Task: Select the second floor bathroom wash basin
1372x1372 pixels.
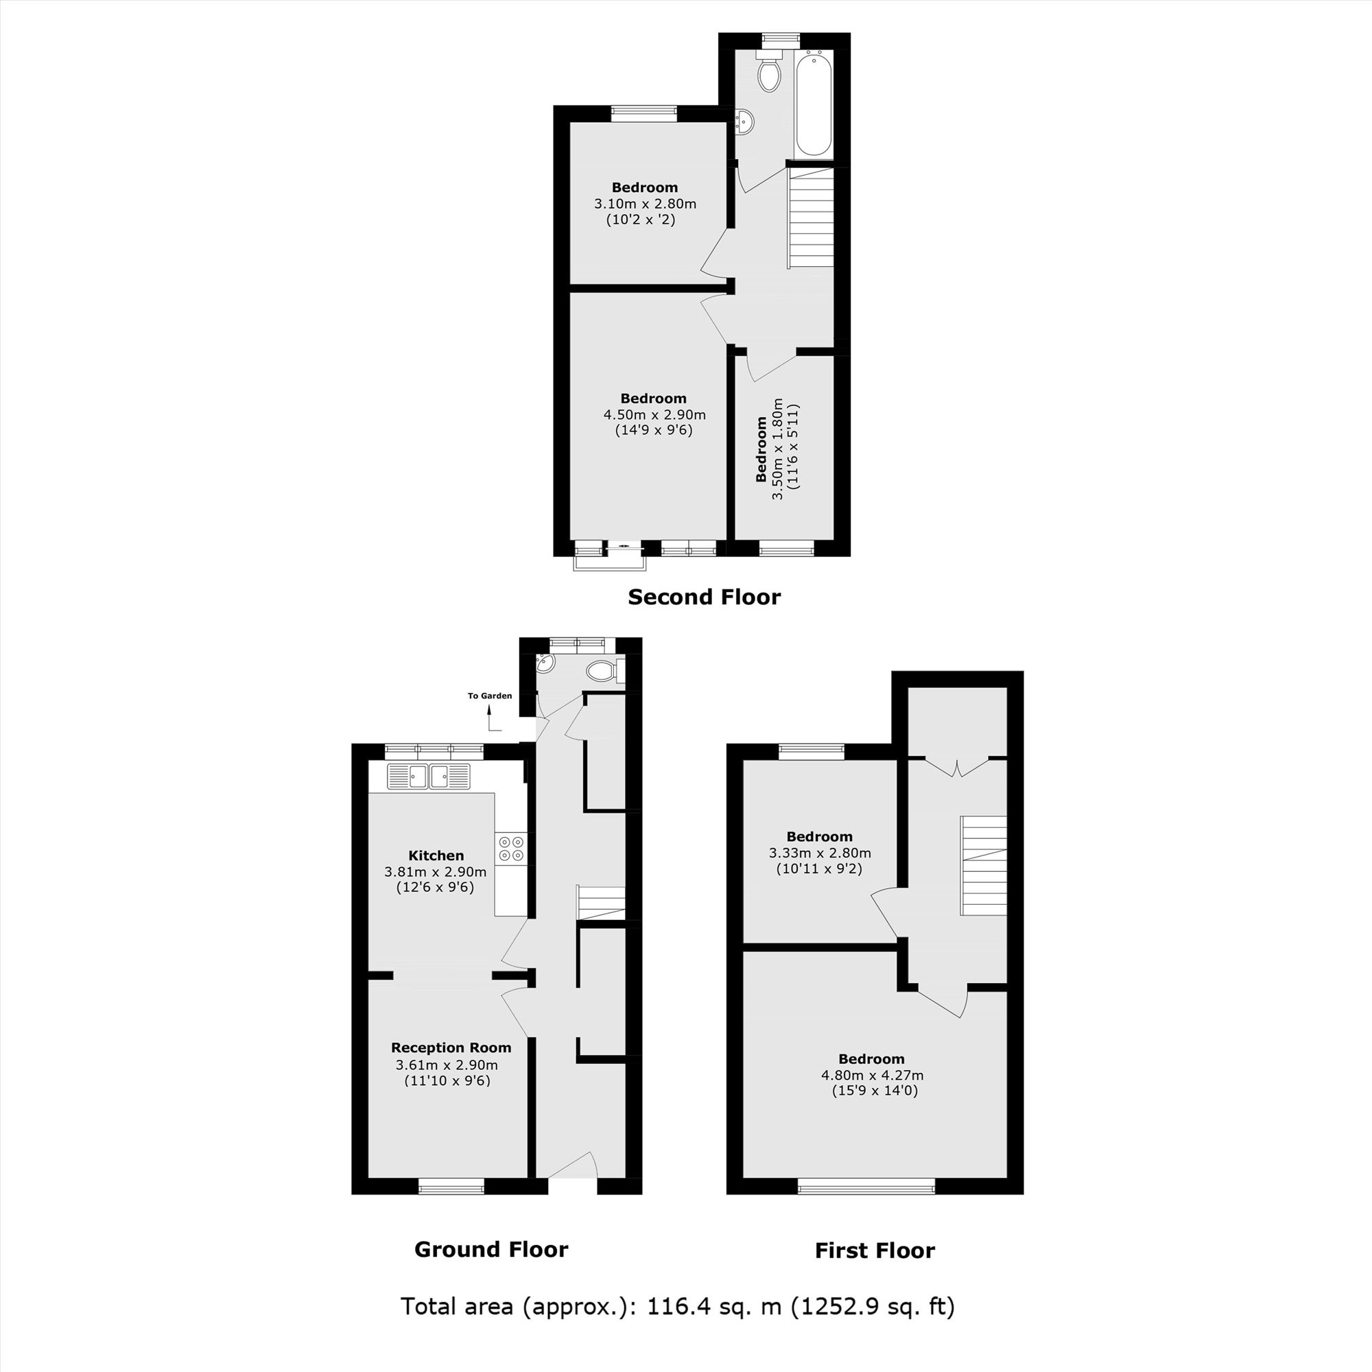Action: [744, 122]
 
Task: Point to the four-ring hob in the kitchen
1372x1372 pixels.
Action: [511, 848]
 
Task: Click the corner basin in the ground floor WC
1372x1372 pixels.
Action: [545, 663]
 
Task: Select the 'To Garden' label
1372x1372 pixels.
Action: [489, 696]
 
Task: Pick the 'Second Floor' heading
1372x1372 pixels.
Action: [704, 598]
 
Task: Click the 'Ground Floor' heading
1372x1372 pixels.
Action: [490, 1250]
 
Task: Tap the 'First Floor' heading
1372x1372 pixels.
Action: [874, 1251]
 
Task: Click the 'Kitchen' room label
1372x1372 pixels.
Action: [436, 855]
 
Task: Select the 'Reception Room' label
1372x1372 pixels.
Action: [451, 1048]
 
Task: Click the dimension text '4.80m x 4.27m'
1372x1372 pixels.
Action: [871, 1075]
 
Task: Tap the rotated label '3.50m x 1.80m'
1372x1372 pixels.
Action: [778, 449]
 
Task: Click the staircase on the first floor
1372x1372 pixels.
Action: [984, 866]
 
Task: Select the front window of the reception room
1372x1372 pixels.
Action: [451, 1185]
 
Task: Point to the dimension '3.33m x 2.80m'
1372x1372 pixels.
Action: [820, 853]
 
